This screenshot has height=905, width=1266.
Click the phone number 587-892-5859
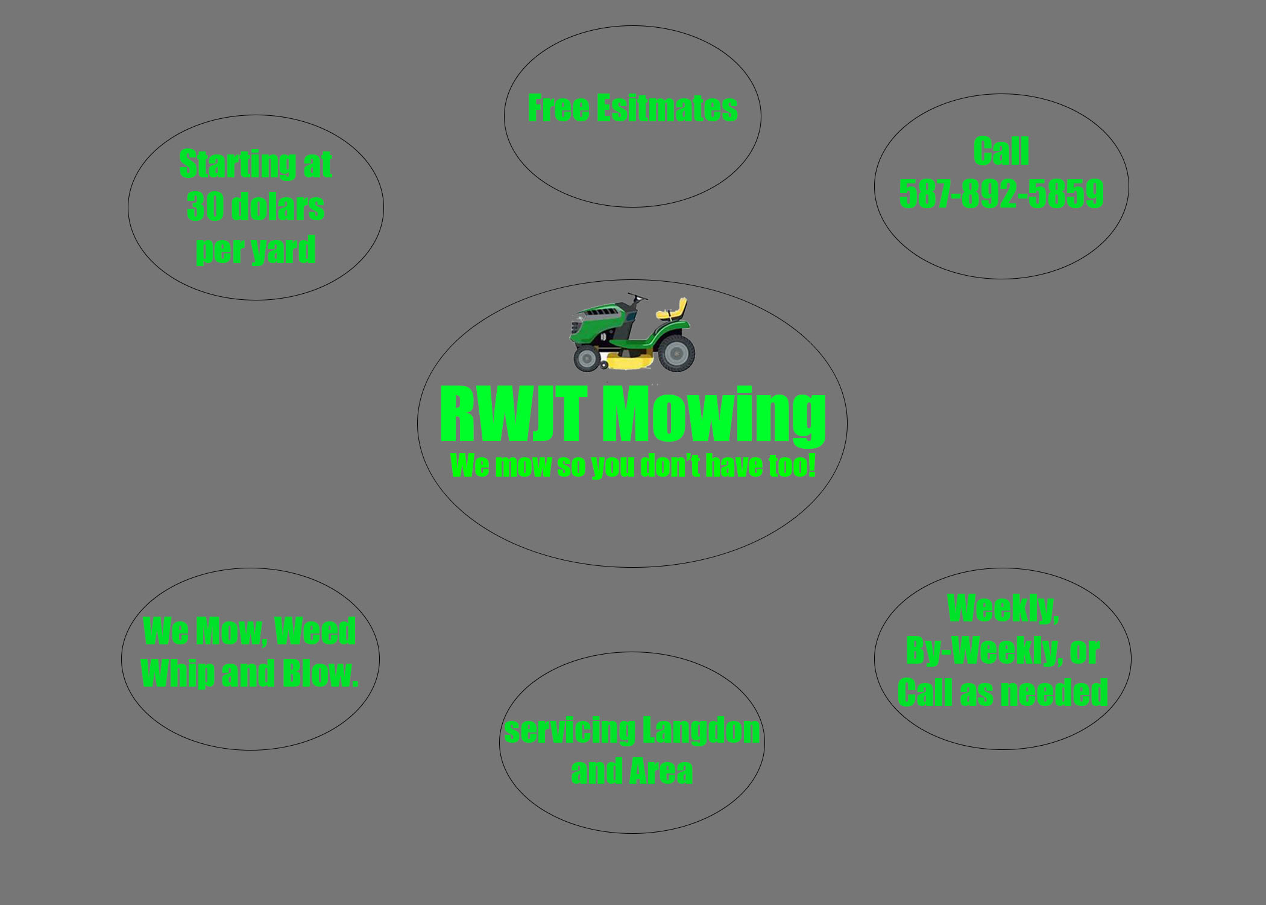tap(1001, 194)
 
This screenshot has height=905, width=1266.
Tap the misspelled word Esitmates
tap(667, 109)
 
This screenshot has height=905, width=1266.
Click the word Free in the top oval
tap(558, 109)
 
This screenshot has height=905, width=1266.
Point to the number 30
tap(205, 207)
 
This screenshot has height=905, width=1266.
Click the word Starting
tap(237, 164)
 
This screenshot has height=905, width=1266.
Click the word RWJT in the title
tap(513, 415)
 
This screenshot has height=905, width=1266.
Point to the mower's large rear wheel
tap(676, 353)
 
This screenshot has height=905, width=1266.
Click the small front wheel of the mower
tap(585, 358)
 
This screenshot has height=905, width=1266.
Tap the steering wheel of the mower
tap(637, 297)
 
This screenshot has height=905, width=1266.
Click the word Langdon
tap(701, 731)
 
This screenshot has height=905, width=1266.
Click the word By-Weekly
tap(984, 650)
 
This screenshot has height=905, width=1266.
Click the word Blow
tap(320, 673)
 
